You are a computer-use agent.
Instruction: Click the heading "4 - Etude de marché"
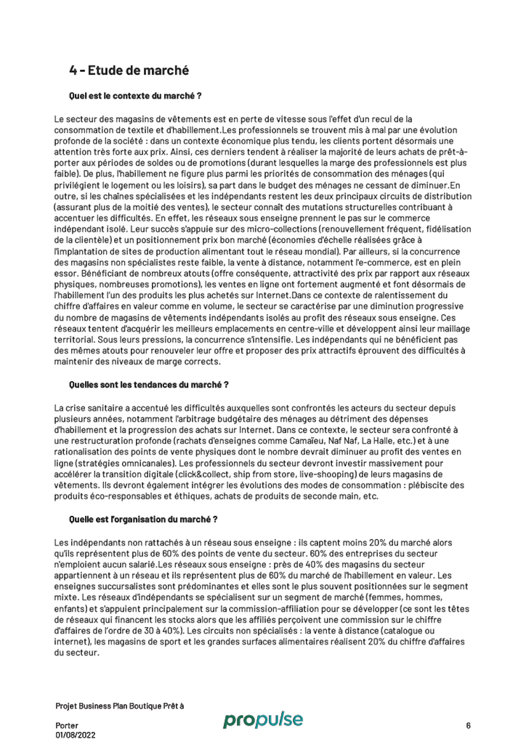(x=129, y=70)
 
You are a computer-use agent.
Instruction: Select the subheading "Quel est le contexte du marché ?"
(x=135, y=96)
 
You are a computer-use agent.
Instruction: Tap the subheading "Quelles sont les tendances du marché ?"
(x=148, y=385)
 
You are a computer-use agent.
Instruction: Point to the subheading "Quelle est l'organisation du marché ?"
(x=143, y=520)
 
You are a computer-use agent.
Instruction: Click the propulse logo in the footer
(x=263, y=720)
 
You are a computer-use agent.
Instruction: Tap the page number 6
(x=468, y=725)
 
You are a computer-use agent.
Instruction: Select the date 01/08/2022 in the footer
(x=75, y=735)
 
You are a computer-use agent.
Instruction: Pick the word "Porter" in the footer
(x=67, y=725)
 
